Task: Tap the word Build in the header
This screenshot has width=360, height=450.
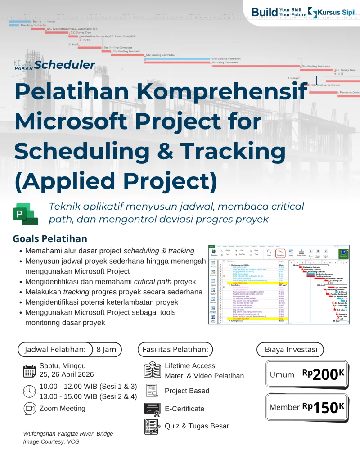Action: point(265,12)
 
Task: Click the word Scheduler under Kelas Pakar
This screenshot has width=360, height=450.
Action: point(64,65)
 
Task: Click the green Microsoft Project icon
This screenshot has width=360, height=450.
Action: point(25,213)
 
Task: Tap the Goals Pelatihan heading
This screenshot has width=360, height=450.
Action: point(50,238)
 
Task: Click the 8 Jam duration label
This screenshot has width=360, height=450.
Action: point(106,349)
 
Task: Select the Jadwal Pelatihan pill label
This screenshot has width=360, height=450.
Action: point(55,349)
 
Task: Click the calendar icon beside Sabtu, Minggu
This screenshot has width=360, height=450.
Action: point(29,371)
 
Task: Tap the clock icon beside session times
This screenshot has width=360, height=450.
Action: point(29,390)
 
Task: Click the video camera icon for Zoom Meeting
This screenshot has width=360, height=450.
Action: point(29,409)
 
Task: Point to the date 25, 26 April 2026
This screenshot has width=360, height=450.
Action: point(67,374)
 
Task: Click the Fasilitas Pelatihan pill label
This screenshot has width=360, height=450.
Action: point(175,349)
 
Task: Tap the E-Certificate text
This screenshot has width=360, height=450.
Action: point(184,409)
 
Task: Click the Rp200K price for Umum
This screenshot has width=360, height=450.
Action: point(323,374)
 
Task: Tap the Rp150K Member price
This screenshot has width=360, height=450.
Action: point(323,407)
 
